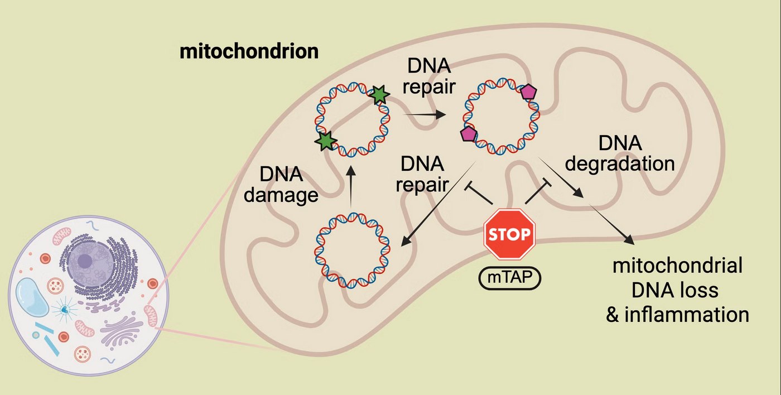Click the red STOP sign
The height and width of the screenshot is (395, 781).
click(x=509, y=234)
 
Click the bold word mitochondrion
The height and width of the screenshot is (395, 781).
click(x=249, y=52)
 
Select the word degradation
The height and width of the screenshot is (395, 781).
click(x=620, y=164)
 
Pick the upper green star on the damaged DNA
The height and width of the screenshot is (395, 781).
click(x=379, y=95)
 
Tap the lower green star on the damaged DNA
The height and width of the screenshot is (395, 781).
click(x=325, y=142)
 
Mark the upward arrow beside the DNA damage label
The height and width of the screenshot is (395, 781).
click(x=350, y=187)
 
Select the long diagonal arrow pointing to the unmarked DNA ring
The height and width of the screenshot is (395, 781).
click(x=438, y=204)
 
